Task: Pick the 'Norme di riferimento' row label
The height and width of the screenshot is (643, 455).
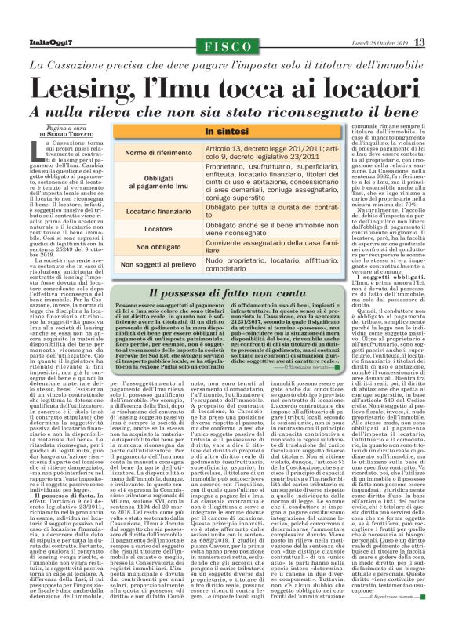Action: [158, 151]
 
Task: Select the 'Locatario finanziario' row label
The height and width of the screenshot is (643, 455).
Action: [158, 210]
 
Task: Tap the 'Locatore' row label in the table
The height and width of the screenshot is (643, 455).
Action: [158, 228]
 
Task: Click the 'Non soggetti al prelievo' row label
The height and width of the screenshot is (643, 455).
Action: [158, 265]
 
